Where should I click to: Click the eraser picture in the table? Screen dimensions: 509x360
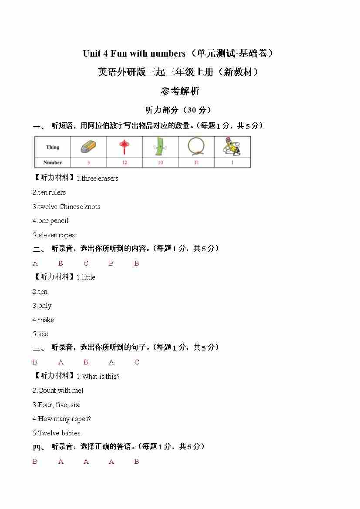tap(88, 147)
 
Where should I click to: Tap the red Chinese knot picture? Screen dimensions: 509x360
tap(124, 147)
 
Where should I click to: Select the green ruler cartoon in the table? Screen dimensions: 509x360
tap(160, 147)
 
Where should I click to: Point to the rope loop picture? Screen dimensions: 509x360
tap(196, 147)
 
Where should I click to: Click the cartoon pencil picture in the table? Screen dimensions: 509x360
tap(232, 147)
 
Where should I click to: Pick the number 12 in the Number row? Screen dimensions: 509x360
tap(124, 163)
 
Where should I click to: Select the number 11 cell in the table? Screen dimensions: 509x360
tap(196, 163)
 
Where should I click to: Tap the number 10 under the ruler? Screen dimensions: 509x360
tap(160, 163)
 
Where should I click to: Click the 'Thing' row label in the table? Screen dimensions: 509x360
tap(53, 147)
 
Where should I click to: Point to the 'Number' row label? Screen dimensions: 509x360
tap(53, 163)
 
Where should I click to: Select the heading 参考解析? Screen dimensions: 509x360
tap(180, 91)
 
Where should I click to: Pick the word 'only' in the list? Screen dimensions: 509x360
tap(45, 306)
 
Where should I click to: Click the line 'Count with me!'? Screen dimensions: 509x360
tap(61, 391)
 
